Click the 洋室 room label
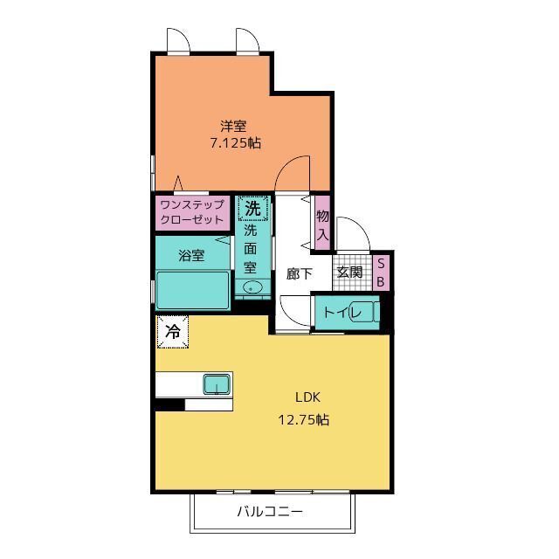click(x=233, y=126)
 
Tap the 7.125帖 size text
click(x=236, y=143)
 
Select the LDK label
click(x=307, y=397)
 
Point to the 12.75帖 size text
click(x=303, y=419)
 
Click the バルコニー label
click(x=270, y=512)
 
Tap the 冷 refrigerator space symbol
click(x=173, y=332)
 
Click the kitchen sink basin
click(x=217, y=384)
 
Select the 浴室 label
click(x=191, y=256)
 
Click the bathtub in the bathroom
click(x=192, y=290)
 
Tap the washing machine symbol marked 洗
click(x=252, y=208)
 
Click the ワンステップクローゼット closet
click(x=192, y=211)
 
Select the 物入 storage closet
click(x=322, y=224)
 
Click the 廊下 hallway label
click(x=300, y=273)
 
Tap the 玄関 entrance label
click(x=349, y=272)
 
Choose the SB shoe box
click(x=381, y=273)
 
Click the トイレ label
click(x=342, y=313)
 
